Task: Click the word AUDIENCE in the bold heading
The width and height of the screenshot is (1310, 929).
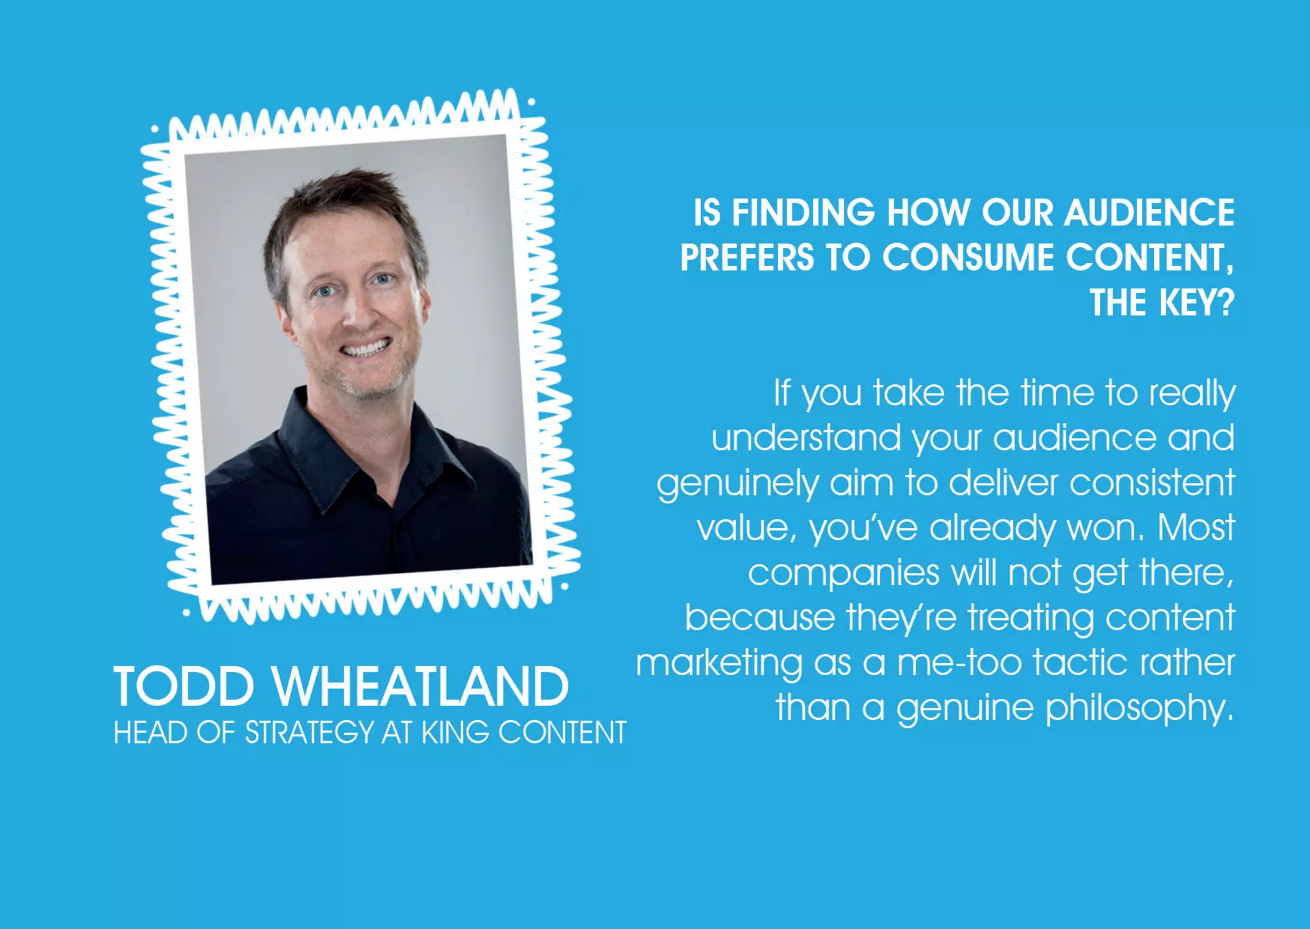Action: point(1149,212)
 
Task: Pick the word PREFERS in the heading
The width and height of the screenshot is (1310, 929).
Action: point(746,258)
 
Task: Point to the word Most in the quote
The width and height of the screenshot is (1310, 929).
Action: point(1196,528)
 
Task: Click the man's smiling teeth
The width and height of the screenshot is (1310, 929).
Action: point(365,348)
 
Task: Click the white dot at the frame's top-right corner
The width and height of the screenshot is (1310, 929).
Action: point(531,102)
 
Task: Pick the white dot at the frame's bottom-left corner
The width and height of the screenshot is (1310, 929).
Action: point(185,613)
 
